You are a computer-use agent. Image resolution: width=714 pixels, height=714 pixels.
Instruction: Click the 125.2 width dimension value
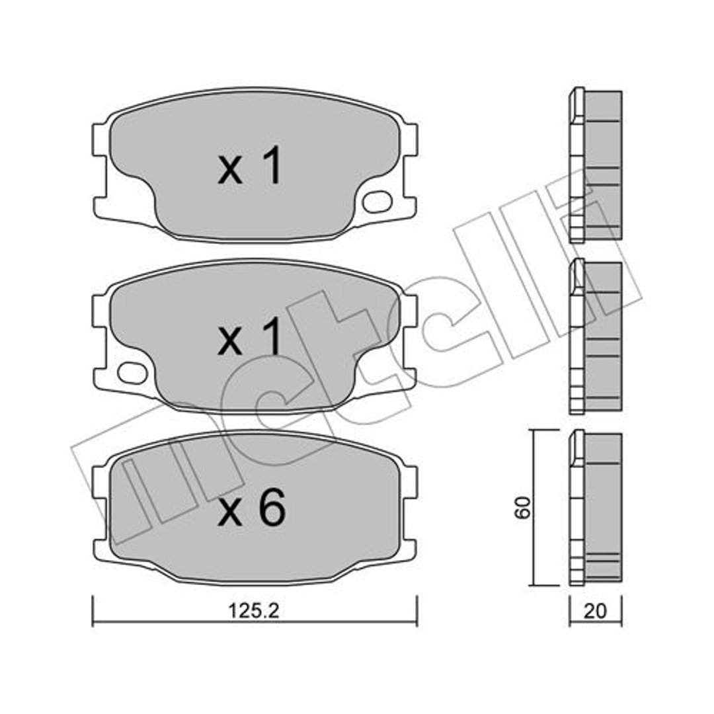253,611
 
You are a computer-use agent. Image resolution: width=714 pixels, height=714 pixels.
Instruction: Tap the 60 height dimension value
523,507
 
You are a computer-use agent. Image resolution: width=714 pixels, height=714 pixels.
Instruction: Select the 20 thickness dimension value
595,611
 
